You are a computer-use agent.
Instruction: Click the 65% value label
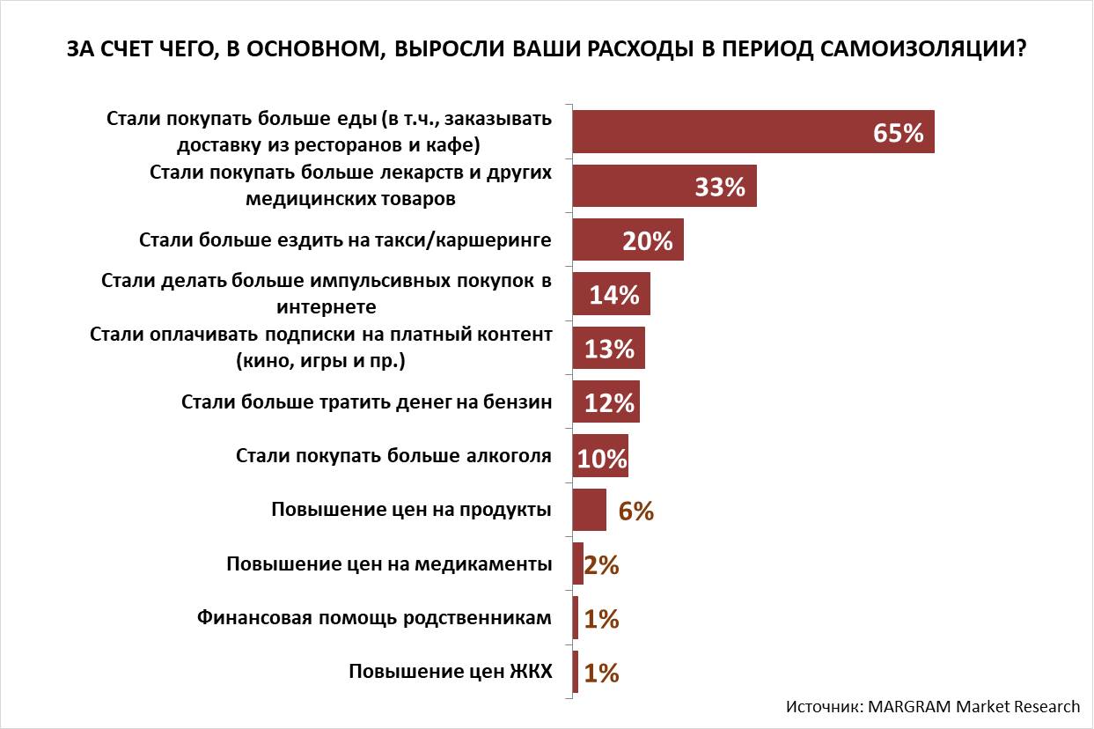pyautogui.click(x=898, y=133)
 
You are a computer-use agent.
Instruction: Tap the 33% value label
pyautogui.click(x=720, y=187)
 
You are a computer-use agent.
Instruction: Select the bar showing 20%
pyautogui.click(x=628, y=240)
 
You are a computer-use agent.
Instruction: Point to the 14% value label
pyautogui.click(x=613, y=295)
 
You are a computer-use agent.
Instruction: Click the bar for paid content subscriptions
pyautogui.click(x=608, y=349)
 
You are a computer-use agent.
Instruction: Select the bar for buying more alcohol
pyautogui.click(x=600, y=457)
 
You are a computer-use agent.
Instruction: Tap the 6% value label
pyautogui.click(x=635, y=512)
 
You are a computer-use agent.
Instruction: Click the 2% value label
pyautogui.click(x=601, y=565)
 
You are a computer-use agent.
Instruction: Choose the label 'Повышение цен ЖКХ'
pyautogui.click(x=450, y=672)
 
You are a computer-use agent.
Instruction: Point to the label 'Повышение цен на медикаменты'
pyautogui.click(x=389, y=563)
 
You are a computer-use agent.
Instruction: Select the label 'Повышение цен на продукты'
pyautogui.click(x=411, y=509)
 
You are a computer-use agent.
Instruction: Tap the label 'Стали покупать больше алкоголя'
pyautogui.click(x=393, y=455)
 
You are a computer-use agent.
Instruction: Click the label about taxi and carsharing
pyautogui.click(x=346, y=239)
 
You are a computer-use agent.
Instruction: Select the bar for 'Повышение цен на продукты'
pyautogui.click(x=590, y=511)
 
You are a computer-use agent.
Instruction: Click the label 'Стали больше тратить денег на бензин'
pyautogui.click(x=366, y=401)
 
